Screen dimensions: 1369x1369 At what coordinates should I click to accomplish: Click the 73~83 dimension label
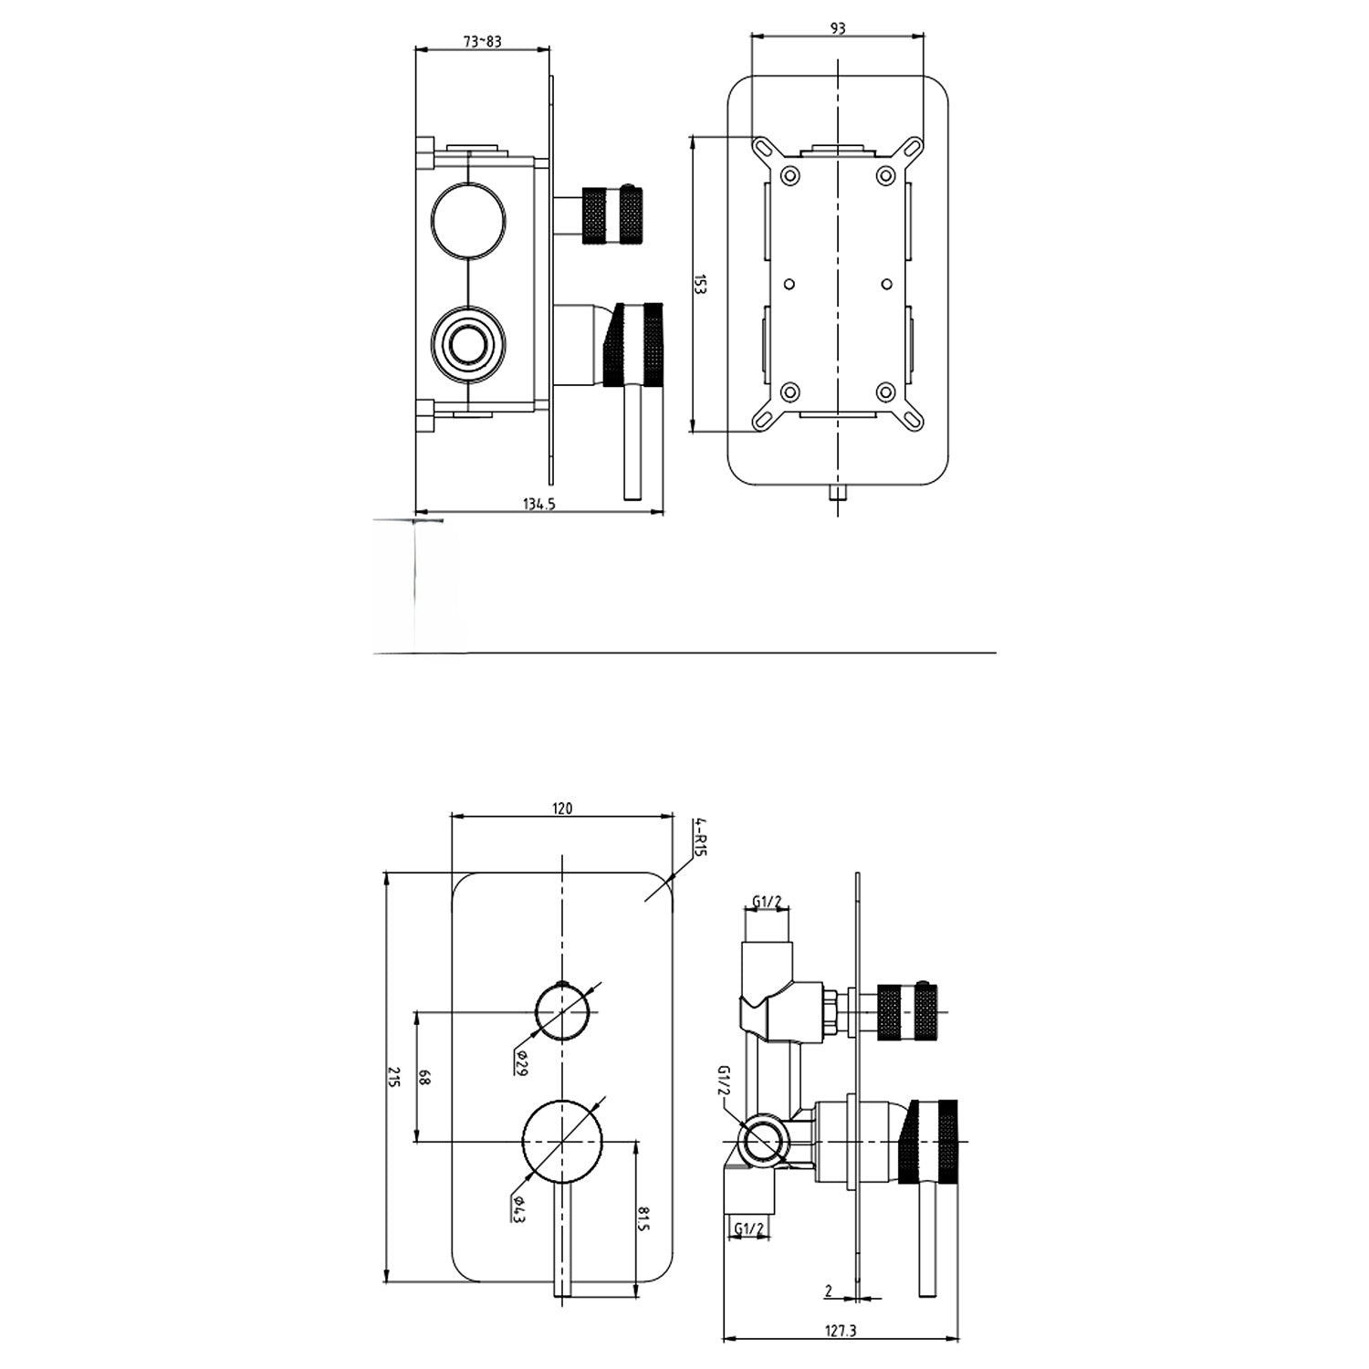point(483,41)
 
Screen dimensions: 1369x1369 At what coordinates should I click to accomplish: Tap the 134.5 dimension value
point(539,504)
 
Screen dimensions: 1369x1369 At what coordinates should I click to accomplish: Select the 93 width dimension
point(838,28)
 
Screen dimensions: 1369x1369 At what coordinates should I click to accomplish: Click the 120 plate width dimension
point(562,808)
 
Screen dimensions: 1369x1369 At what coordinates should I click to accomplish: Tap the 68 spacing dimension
point(424,1076)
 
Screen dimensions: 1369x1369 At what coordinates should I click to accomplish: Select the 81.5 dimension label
point(644,1217)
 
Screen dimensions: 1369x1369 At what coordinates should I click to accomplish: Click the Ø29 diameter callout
point(520,1063)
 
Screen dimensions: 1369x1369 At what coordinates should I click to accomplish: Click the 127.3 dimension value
point(840,1356)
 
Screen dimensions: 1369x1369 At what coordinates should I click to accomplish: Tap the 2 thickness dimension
point(828,1291)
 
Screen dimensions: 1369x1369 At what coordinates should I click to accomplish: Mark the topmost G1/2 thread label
point(767,903)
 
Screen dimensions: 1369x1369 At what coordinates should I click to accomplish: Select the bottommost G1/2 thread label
point(748,1228)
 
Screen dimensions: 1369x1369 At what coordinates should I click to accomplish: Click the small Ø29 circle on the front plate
point(562,1011)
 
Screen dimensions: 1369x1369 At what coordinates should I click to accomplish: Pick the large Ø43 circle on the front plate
point(562,1141)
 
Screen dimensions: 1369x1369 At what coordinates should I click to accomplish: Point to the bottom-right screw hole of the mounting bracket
point(884,392)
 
